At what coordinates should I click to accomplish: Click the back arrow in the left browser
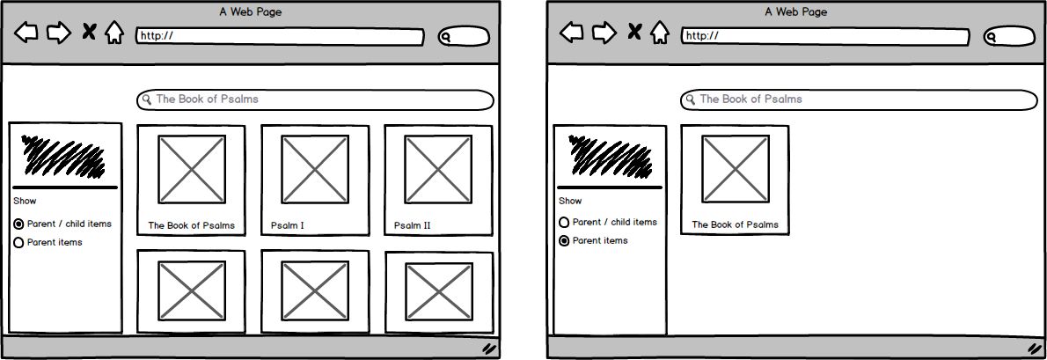(26, 32)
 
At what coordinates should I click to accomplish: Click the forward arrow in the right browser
(604, 32)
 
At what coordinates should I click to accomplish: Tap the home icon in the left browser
(114, 32)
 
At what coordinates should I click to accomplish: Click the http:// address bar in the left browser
(280, 37)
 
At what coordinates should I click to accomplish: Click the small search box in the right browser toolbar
(1009, 37)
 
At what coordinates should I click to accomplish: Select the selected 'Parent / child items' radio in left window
(18, 224)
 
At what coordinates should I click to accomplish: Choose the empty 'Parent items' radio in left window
(18, 243)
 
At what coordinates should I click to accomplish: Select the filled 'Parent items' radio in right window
(564, 241)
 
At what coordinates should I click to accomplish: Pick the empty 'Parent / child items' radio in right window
(564, 223)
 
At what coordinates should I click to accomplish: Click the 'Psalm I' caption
(287, 225)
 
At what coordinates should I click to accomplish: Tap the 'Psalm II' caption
(412, 225)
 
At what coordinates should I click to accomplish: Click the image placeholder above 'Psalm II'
(438, 170)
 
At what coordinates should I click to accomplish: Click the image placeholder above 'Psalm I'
(314, 170)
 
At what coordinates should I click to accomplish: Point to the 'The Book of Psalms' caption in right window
(736, 225)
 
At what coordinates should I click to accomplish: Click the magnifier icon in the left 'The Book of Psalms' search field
(147, 99)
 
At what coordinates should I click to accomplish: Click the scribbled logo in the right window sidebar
(610, 157)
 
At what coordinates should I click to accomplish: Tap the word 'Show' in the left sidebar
(25, 201)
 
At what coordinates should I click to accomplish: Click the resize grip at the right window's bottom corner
(1035, 348)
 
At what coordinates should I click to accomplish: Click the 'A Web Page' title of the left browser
(251, 12)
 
